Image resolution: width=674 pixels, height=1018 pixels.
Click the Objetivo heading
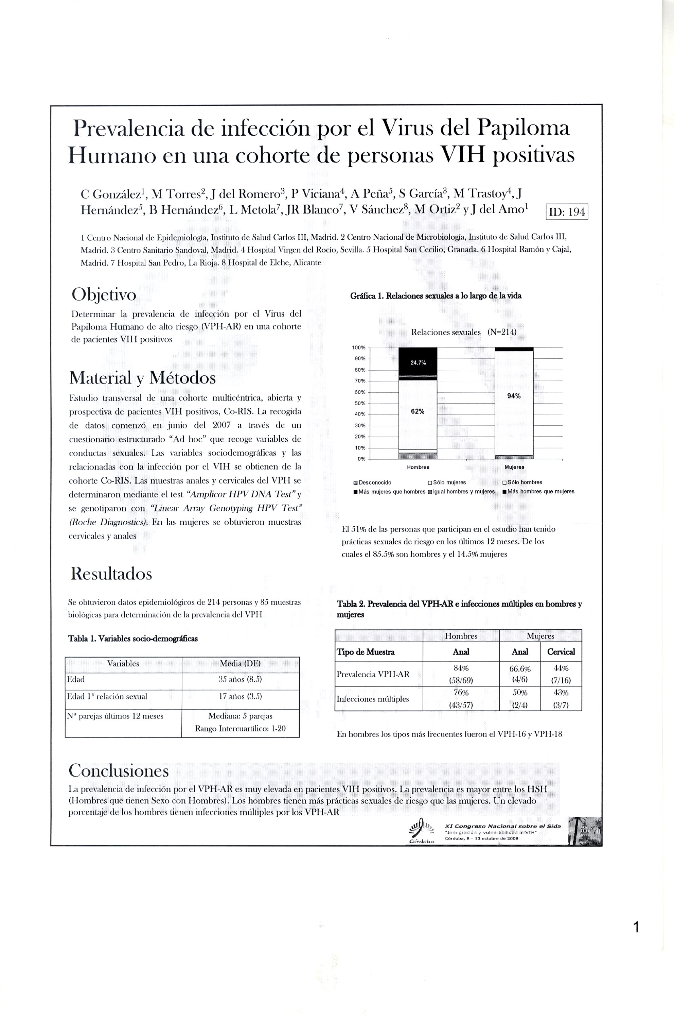(104, 295)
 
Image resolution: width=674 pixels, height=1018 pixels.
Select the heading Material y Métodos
(142, 378)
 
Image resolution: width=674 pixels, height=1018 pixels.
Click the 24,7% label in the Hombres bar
(418, 363)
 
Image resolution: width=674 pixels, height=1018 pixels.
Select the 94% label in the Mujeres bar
(514, 396)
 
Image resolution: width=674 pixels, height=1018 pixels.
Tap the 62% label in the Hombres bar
(418, 411)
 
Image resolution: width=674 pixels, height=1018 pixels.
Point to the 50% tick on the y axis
(359, 403)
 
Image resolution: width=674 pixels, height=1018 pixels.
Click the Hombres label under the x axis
(418, 467)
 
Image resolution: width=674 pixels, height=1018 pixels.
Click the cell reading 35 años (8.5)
(240, 679)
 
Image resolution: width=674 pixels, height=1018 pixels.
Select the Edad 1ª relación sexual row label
(107, 697)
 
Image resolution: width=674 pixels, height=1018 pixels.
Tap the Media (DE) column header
(240, 663)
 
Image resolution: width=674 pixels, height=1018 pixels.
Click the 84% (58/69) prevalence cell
(460, 674)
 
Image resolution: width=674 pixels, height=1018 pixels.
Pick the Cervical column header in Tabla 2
(561, 651)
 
